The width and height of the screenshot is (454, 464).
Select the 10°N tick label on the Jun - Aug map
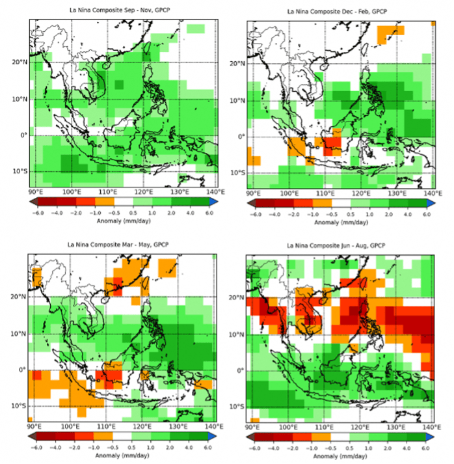tap(237, 334)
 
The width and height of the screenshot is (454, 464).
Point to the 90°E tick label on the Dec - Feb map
tap(254, 194)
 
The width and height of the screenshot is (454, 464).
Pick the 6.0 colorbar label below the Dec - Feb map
tap(426, 213)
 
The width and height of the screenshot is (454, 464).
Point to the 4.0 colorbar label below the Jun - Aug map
tap(407, 448)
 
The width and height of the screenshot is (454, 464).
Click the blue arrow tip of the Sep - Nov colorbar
tap(215, 202)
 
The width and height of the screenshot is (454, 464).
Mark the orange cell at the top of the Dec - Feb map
tap(391, 31)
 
